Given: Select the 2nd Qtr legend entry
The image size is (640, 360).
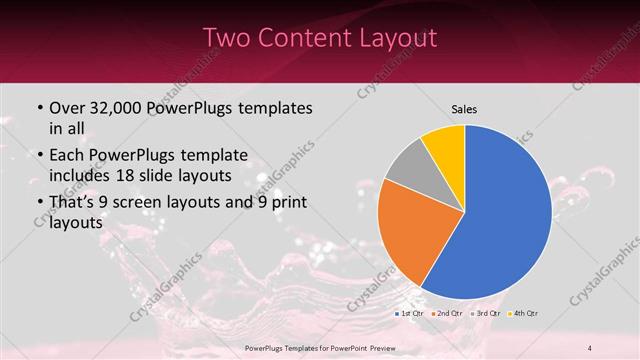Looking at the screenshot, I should point(447,314).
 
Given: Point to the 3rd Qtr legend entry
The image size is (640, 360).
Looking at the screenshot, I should point(485,314).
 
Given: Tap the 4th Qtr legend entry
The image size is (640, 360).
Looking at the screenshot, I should point(523,314).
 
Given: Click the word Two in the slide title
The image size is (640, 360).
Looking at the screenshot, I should point(227,38).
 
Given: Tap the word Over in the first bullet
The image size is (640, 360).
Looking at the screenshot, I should point(68,108).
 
